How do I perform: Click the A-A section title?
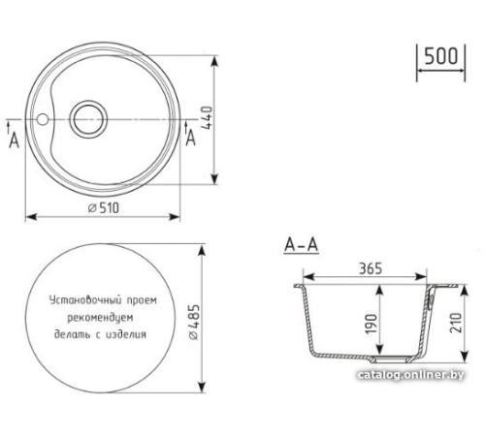pos(302,246)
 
